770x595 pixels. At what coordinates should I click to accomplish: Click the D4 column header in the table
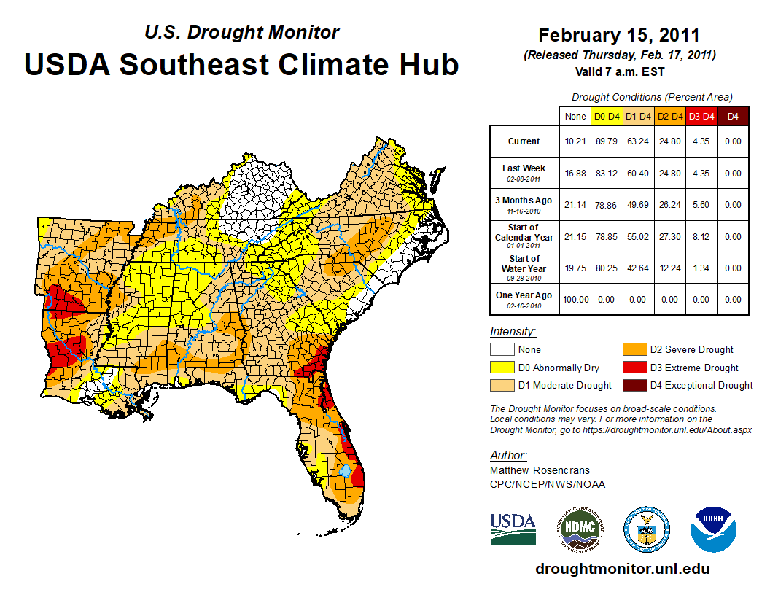click(733, 116)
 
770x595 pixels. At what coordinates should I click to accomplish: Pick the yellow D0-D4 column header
click(607, 116)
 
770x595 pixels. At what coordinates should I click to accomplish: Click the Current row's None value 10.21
click(575, 141)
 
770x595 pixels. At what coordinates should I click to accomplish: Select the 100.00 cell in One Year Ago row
click(575, 300)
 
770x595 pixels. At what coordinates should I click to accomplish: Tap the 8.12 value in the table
click(701, 237)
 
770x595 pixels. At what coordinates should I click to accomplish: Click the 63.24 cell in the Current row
click(639, 141)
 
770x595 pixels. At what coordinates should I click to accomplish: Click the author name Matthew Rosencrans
click(540, 470)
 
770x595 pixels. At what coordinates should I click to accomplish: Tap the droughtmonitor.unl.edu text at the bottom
click(622, 569)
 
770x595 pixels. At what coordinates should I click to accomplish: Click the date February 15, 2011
click(619, 35)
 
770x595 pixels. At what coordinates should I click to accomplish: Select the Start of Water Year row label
click(524, 264)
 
